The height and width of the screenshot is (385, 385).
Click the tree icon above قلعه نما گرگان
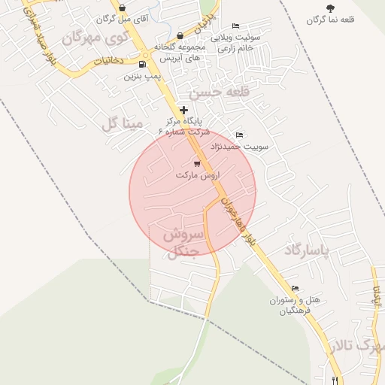pyautogui.click(x=330, y=8)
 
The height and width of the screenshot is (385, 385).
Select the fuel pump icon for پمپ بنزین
pyautogui.click(x=143, y=65)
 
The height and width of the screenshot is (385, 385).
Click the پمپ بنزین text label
pyautogui.click(x=143, y=76)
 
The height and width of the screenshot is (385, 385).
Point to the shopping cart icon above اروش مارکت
pyautogui.click(x=197, y=163)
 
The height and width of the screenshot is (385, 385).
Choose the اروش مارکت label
pyautogui.click(x=196, y=174)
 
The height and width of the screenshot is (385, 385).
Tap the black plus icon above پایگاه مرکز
pyautogui.click(x=183, y=110)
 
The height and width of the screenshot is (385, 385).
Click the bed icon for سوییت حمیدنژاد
pyautogui.click(x=240, y=135)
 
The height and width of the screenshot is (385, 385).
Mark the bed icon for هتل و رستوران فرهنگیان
pyautogui.click(x=295, y=289)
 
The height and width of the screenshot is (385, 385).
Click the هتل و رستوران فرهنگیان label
pyautogui.click(x=296, y=305)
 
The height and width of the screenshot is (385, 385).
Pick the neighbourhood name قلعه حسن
pyautogui.click(x=218, y=92)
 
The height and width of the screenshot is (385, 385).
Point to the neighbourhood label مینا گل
pyautogui.click(x=121, y=123)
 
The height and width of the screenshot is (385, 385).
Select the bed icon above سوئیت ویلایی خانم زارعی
pyautogui.click(x=236, y=26)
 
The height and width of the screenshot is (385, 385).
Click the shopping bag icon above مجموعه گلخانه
pyautogui.click(x=180, y=35)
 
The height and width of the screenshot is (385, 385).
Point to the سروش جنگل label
pyautogui.click(x=181, y=243)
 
